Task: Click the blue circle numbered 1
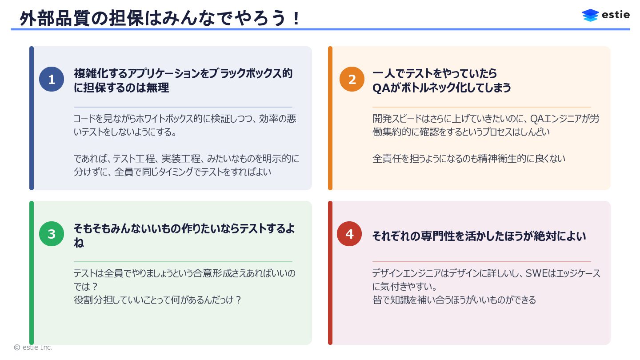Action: pyautogui.click(x=52, y=80)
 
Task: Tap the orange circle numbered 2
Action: pyautogui.click(x=352, y=80)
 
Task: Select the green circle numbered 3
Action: pyautogui.click(x=52, y=234)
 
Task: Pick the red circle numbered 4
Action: pyautogui.click(x=349, y=234)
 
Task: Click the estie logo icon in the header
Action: pyautogui.click(x=590, y=15)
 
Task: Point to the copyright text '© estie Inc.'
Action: pyautogui.click(x=33, y=348)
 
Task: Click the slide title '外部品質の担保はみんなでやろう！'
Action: pyautogui.click(x=160, y=19)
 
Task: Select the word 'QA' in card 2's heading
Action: pyautogui.click(x=381, y=88)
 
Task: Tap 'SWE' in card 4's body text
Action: pyautogui.click(x=536, y=273)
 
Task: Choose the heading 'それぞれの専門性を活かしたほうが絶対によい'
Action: pyautogui.click(x=479, y=236)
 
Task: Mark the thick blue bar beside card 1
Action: pyautogui.click(x=32, y=118)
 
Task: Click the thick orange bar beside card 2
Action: pyautogui.click(x=330, y=118)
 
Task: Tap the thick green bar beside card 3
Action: pyautogui.click(x=32, y=272)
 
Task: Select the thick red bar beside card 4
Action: pyautogui.click(x=330, y=272)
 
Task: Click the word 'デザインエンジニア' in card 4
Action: pyautogui.click(x=408, y=273)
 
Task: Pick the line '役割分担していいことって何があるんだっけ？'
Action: pyautogui.click(x=157, y=300)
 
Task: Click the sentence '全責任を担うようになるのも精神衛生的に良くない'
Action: pyautogui.click(x=468, y=158)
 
